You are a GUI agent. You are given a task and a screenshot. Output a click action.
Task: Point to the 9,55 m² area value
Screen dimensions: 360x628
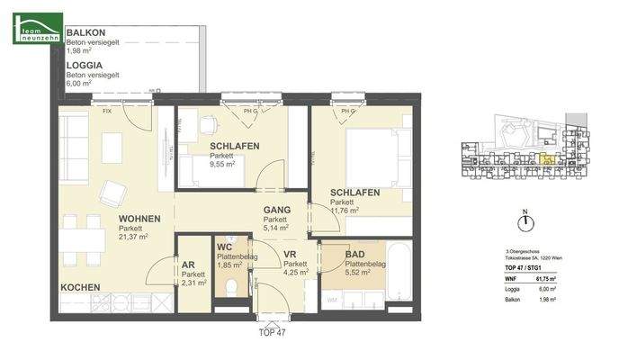(x=222, y=165)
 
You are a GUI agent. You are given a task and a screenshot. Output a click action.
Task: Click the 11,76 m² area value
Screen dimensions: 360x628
(x=345, y=211)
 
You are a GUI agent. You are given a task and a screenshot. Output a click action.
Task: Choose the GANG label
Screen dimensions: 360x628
(x=275, y=211)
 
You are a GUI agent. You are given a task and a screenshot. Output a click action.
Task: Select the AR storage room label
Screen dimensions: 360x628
(x=188, y=265)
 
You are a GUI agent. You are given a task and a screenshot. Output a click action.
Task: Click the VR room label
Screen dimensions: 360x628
(x=290, y=255)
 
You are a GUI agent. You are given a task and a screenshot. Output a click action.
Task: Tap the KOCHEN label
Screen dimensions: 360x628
(x=80, y=287)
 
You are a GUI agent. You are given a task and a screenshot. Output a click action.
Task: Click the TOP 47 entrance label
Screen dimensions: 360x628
(x=271, y=332)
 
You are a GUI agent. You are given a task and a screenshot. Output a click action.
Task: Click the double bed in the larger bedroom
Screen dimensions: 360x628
(x=372, y=153)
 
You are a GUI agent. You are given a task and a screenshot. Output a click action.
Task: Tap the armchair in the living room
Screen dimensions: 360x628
(x=114, y=193)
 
